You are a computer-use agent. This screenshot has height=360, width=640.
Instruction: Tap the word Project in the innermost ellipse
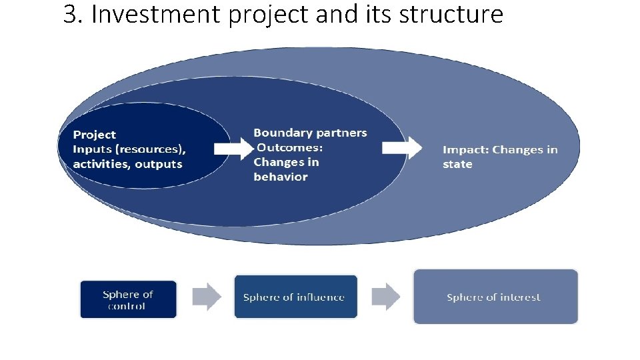[x=94, y=135]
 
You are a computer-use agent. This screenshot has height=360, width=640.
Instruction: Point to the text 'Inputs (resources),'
[x=129, y=149]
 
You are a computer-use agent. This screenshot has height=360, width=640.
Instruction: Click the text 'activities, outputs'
[x=127, y=164]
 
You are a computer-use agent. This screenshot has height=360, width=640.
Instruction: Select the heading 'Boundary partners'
[x=310, y=133]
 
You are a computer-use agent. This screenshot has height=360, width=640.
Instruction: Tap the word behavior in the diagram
[x=281, y=177]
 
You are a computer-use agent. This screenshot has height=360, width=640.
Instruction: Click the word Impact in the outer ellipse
[x=464, y=149]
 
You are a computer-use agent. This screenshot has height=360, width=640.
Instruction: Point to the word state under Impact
[x=457, y=164]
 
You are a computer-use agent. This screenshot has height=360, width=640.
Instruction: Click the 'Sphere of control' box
[x=128, y=299]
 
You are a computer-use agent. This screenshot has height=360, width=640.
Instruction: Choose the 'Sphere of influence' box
[x=295, y=297]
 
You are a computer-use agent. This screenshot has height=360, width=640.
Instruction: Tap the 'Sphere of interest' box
[x=495, y=297]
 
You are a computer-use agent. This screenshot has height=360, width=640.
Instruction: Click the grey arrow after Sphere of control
[x=207, y=297]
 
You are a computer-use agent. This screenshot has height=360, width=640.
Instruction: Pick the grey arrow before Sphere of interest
[x=386, y=297]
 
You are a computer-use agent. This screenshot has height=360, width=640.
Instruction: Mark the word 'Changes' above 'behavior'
[x=277, y=162]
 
